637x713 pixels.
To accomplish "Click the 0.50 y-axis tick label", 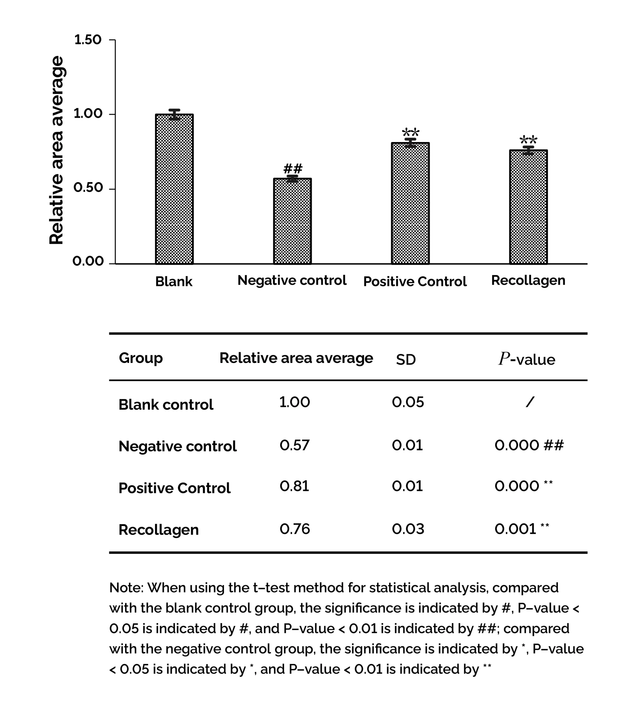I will (88, 188).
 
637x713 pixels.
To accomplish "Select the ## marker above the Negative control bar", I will (293, 169).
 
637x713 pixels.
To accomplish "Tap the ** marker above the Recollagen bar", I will (528, 141).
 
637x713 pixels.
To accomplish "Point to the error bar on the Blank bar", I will (174, 114).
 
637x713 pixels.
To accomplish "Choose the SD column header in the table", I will (406, 360).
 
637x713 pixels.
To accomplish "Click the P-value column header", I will (527, 359).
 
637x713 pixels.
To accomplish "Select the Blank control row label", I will (166, 405).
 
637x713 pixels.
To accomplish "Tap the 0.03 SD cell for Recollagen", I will (408, 529).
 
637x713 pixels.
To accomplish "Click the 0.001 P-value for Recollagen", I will (516, 529).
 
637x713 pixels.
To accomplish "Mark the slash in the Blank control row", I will (530, 402).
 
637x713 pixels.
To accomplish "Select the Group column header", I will (141, 358).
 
